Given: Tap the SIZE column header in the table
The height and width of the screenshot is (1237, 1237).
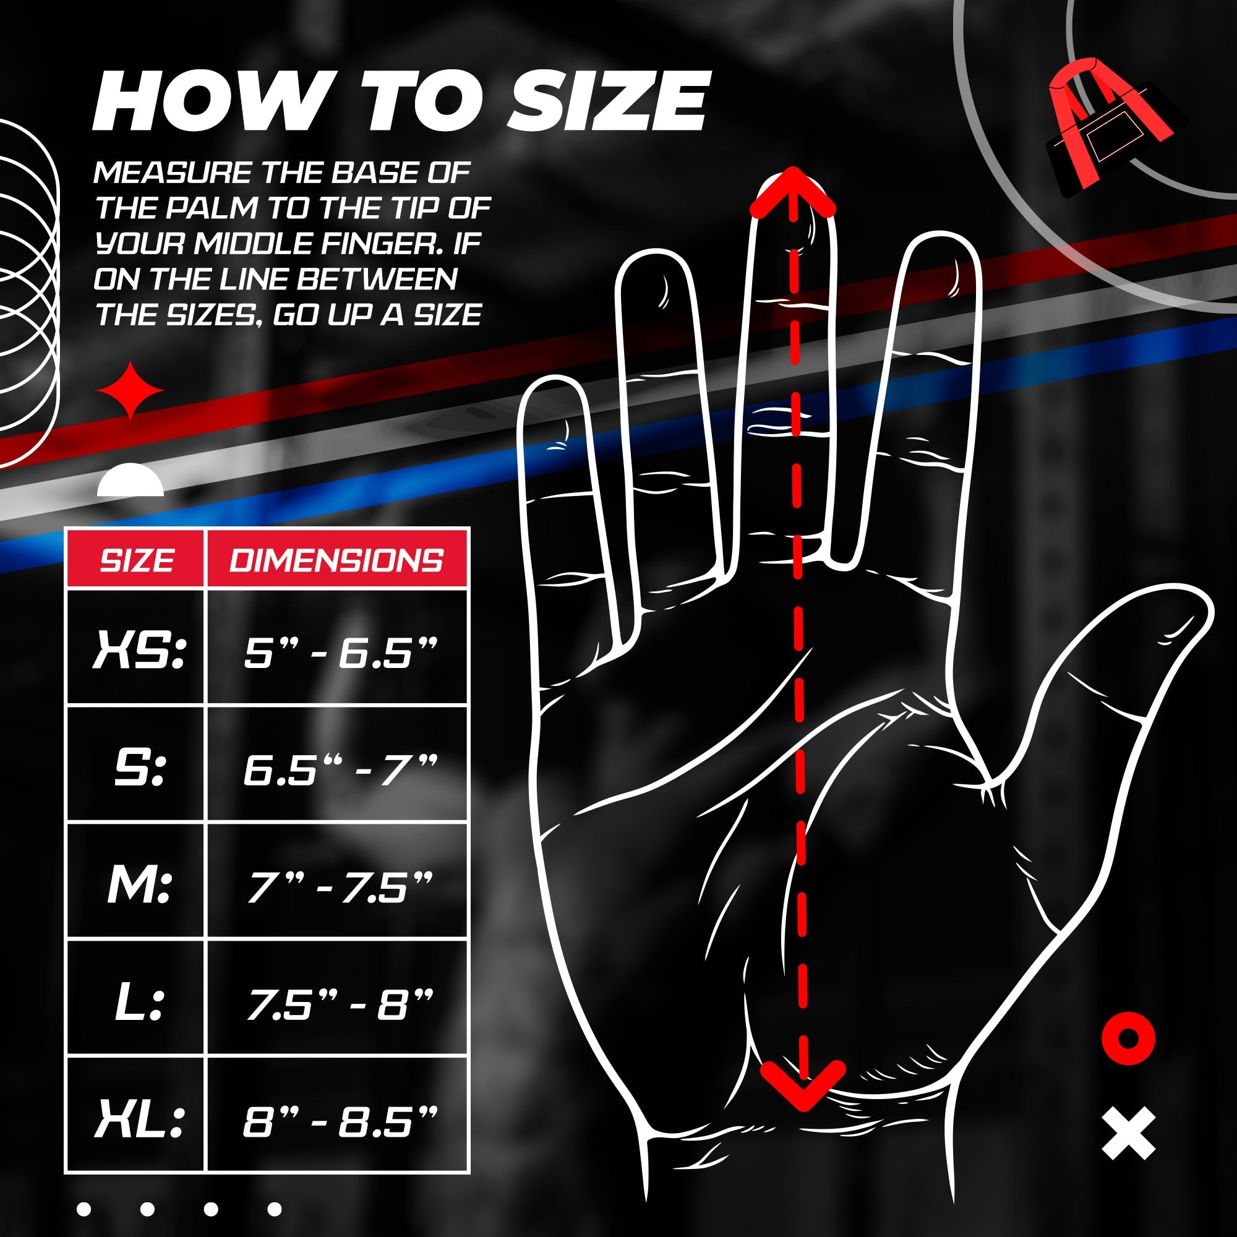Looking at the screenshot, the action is pyautogui.click(x=136, y=560).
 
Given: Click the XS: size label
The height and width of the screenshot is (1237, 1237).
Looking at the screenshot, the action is pyautogui.click(x=140, y=649).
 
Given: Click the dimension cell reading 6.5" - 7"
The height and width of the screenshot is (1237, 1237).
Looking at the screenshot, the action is pyautogui.click(x=340, y=768).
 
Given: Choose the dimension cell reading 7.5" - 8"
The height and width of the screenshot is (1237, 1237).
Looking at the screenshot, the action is pyautogui.click(x=340, y=1003).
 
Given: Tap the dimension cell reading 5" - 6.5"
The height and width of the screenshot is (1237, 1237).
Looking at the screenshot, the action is pyautogui.click(x=340, y=651).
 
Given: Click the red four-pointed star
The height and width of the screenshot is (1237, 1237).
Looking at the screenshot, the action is pyautogui.click(x=131, y=390).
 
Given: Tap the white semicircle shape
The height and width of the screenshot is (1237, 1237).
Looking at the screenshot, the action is pyautogui.click(x=131, y=480).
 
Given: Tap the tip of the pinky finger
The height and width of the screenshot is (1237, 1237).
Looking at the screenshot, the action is pyautogui.click(x=554, y=379).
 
